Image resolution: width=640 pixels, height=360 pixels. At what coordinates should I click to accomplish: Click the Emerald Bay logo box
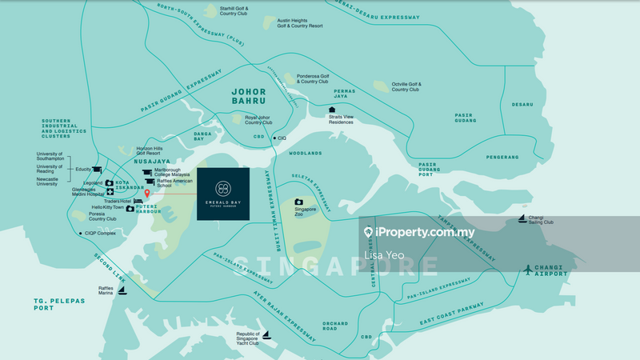click(222, 194)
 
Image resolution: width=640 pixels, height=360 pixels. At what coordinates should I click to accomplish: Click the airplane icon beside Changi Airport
click(528, 270)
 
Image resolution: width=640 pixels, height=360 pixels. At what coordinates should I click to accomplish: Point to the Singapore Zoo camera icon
click(298, 202)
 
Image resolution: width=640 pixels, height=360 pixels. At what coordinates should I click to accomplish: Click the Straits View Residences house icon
click(332, 110)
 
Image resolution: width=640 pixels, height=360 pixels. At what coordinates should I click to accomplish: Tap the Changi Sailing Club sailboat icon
click(522, 218)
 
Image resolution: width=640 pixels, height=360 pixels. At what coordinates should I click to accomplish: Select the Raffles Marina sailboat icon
click(122, 290)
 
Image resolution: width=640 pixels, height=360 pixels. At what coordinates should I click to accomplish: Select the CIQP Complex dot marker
click(81, 234)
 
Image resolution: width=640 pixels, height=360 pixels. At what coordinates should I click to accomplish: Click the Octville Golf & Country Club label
click(410, 86)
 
